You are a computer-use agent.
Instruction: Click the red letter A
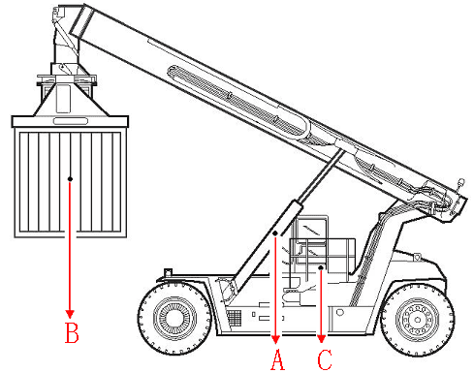(x=277, y=359)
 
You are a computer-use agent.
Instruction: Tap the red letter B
(x=72, y=332)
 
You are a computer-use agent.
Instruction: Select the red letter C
(x=325, y=359)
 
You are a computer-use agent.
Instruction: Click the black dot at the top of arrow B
(x=70, y=179)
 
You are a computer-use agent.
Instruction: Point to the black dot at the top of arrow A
(x=275, y=233)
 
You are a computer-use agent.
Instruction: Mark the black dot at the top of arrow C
(x=321, y=267)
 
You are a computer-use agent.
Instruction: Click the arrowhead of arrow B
(x=70, y=314)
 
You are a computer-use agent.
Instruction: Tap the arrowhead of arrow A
(x=275, y=340)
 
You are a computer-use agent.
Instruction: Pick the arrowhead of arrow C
(x=321, y=339)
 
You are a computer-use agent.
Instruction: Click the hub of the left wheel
(x=174, y=318)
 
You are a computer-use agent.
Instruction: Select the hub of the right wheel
(x=418, y=320)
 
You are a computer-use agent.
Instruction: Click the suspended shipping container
(x=71, y=183)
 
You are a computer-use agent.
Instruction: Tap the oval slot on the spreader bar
(x=71, y=121)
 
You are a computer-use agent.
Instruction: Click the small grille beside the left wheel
(x=234, y=318)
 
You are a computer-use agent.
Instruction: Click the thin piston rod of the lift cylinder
(x=321, y=176)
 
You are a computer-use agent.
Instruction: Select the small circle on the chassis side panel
(x=340, y=313)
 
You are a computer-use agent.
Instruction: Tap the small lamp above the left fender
(x=168, y=272)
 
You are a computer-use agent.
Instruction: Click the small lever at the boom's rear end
(x=460, y=185)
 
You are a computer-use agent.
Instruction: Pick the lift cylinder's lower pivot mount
(x=227, y=290)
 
